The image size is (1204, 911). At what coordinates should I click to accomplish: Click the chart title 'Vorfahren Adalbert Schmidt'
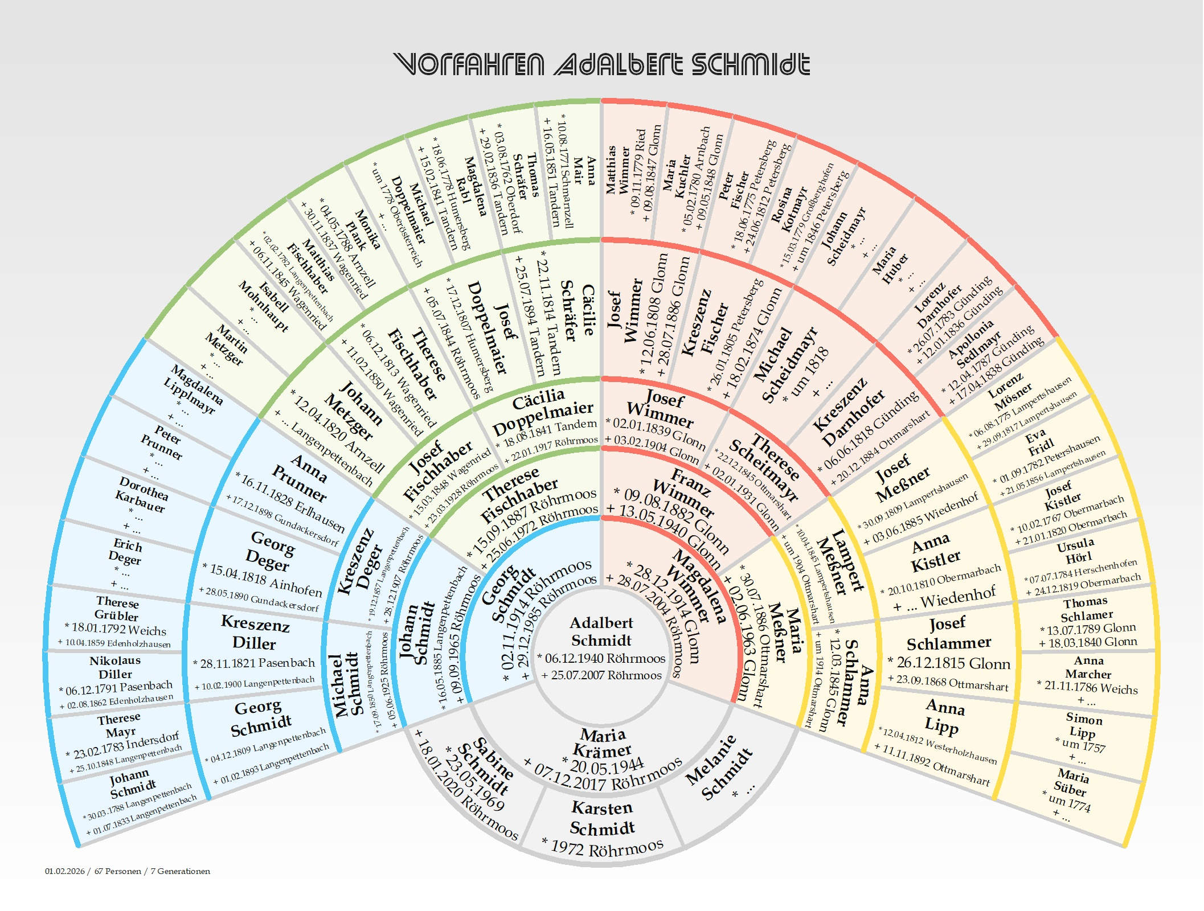[601, 64]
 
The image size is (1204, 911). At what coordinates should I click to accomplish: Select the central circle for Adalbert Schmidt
[601, 649]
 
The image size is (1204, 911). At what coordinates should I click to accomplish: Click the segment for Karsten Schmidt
[601, 826]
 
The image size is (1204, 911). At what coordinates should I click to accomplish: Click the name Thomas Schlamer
[1086, 609]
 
